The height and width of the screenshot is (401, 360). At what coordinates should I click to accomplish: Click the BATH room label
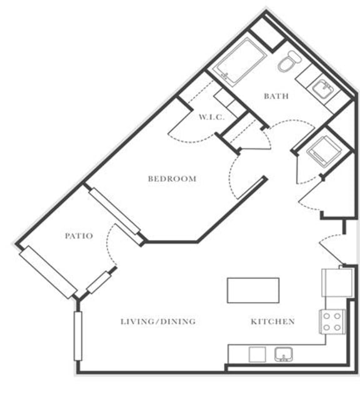pos(276,96)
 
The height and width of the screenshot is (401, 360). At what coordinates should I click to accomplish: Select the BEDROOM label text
pos(172,179)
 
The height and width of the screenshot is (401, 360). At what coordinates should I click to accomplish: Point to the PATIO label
pos(79,236)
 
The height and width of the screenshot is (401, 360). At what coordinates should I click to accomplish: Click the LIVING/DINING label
pos(158,322)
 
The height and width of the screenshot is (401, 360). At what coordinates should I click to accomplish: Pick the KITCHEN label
pos(272,322)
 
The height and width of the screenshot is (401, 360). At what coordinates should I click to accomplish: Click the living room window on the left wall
pos(78,335)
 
